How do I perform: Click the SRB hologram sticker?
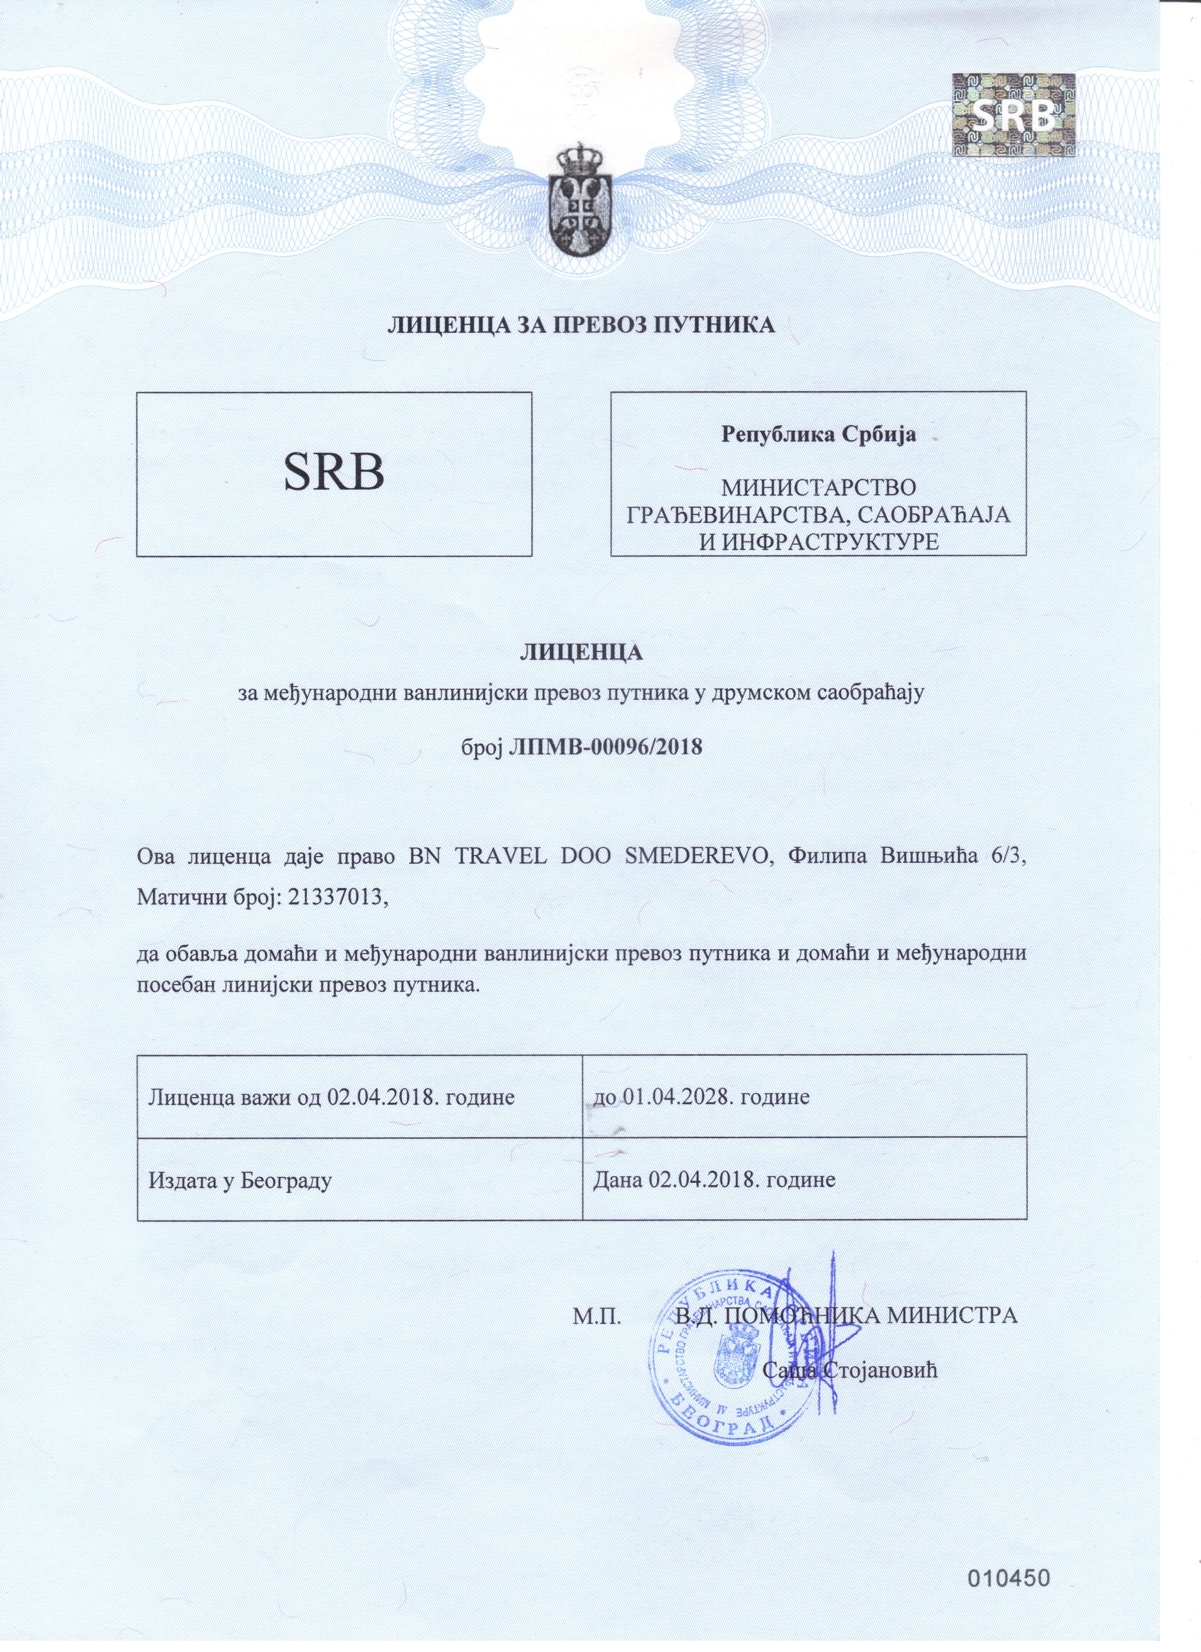(x=1014, y=115)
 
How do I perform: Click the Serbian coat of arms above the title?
(x=580, y=200)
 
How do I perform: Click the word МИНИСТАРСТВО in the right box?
(x=819, y=487)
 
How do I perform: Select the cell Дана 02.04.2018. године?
(x=714, y=1179)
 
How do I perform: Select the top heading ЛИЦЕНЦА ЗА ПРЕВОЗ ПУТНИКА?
(x=580, y=324)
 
